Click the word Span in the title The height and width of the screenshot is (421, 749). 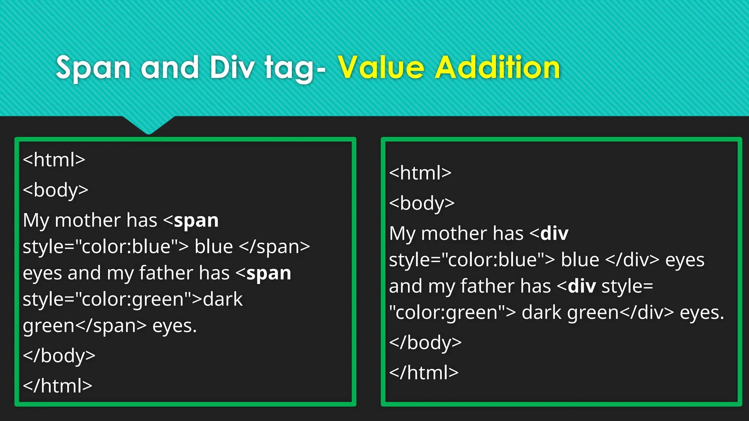click(x=93, y=68)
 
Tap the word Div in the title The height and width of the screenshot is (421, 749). click(x=232, y=68)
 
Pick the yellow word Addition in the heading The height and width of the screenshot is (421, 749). click(x=497, y=68)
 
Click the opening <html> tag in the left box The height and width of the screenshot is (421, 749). click(x=54, y=160)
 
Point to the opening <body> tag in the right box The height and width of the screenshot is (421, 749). click(x=422, y=203)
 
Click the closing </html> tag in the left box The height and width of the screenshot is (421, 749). click(x=57, y=386)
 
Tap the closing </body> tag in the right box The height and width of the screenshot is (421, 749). click(x=425, y=343)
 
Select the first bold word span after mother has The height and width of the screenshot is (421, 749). click(x=196, y=221)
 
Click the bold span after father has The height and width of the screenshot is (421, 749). click(x=269, y=273)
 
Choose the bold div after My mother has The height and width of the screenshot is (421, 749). click(x=554, y=234)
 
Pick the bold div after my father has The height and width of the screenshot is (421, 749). click(x=582, y=286)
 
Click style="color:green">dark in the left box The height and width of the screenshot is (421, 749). click(x=132, y=300)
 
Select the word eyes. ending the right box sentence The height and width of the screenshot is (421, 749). click(x=702, y=313)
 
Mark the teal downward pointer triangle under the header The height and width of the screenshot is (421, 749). click(x=148, y=124)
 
